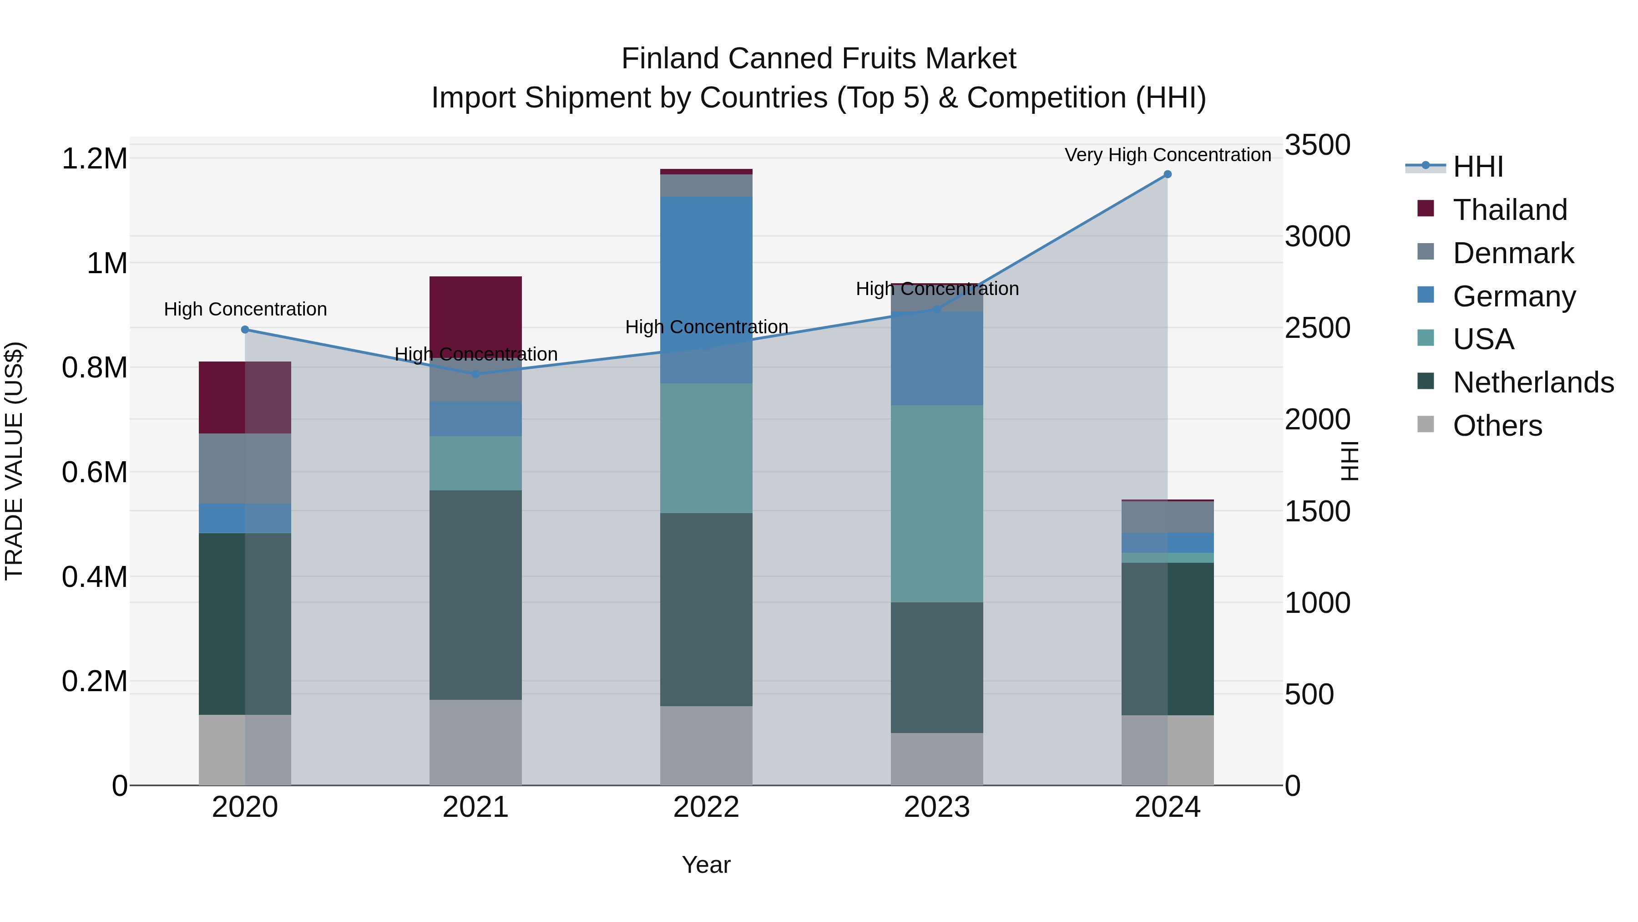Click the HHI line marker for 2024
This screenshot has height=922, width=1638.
click(1168, 174)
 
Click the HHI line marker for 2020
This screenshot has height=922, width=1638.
click(245, 330)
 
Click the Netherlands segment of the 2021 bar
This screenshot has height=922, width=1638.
click(475, 595)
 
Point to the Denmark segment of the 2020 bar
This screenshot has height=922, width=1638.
click(245, 469)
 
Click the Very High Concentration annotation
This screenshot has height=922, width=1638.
click(1168, 155)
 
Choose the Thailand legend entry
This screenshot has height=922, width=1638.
click(1510, 209)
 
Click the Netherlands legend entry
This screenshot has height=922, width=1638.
click(1533, 382)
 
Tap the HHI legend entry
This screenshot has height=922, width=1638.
click(1478, 167)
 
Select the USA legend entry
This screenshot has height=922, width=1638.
click(1483, 339)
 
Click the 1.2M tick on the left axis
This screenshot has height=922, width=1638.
click(95, 158)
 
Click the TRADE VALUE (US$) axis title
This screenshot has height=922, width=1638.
click(14, 461)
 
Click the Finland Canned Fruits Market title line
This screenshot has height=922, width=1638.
click(819, 59)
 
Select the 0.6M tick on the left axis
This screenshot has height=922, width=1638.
click(95, 472)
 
